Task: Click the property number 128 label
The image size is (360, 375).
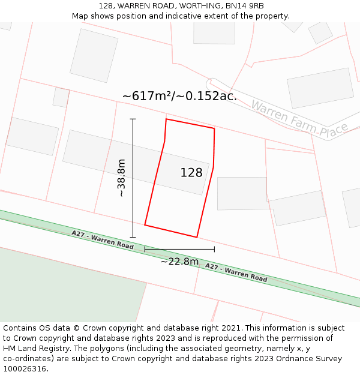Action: (x=191, y=173)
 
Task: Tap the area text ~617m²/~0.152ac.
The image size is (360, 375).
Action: (x=179, y=96)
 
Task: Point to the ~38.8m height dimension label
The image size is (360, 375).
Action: (x=121, y=178)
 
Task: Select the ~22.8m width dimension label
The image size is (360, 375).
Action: (x=179, y=261)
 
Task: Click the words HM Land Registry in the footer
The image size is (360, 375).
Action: (x=34, y=349)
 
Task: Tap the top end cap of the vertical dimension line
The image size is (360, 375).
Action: (x=133, y=119)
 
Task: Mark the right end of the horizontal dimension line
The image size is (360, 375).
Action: (x=214, y=249)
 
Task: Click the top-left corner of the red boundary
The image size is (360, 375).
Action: (x=166, y=119)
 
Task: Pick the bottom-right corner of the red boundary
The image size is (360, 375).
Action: (x=197, y=237)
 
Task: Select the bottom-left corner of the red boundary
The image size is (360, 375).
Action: (x=145, y=226)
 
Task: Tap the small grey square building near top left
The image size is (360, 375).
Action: (x=61, y=97)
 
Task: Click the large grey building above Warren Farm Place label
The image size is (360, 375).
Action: (x=320, y=88)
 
